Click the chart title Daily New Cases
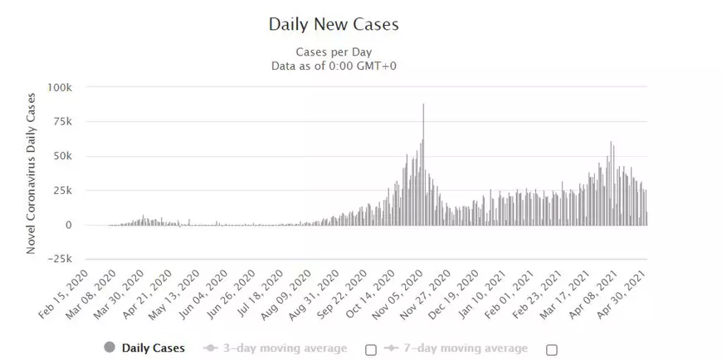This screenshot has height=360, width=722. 334,24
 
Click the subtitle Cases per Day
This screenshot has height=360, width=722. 334,51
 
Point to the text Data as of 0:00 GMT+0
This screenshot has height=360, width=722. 334,66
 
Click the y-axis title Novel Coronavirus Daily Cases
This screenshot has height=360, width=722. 32,173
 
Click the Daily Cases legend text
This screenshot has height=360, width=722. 154,348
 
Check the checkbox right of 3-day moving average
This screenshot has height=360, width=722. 370,348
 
